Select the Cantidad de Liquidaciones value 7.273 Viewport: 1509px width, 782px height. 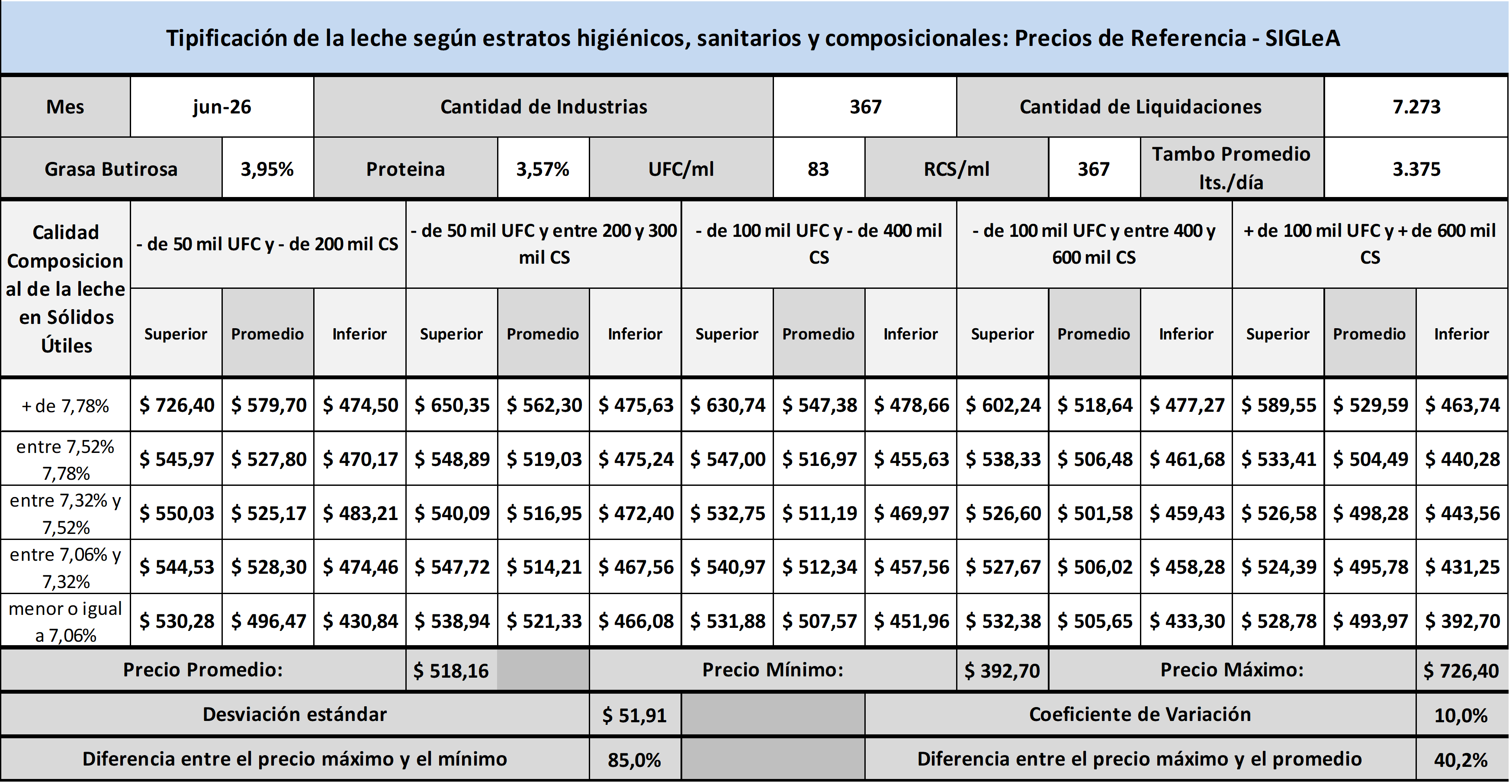coord(1416,107)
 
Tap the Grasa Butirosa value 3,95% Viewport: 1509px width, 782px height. coord(267,169)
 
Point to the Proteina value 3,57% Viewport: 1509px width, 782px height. coord(543,169)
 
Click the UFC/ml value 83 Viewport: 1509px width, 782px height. coord(819,169)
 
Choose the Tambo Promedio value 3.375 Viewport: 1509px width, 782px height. coord(1416,169)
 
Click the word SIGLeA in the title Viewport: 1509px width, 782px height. coord(1302,38)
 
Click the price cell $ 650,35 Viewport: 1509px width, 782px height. coord(452,405)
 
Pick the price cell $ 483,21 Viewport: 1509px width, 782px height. coord(360,514)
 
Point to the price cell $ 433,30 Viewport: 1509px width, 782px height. coord(1186,621)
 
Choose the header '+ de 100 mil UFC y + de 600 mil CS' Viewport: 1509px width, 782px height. coord(1370,244)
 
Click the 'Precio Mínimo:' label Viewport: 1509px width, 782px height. coord(773,670)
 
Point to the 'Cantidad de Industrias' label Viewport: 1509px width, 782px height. coord(544,107)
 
